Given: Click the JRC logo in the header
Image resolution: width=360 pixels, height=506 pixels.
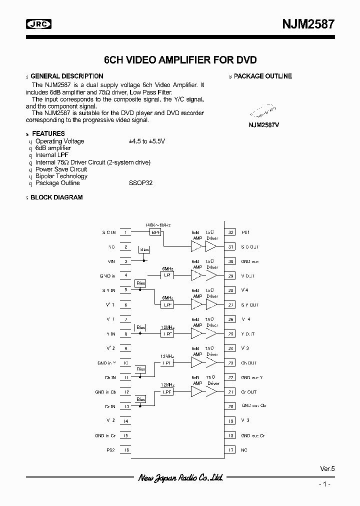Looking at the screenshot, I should tap(38, 23).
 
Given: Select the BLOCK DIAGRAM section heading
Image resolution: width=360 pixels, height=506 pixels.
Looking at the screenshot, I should tap(56, 197).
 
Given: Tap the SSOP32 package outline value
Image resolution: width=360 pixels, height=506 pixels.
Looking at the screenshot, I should tap(140, 183).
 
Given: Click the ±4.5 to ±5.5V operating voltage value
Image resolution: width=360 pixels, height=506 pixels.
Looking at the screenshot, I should tap(146, 141).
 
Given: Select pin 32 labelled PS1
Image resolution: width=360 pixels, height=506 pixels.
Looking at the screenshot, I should tap(230, 232).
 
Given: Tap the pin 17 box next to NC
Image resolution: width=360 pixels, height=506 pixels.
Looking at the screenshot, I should tap(230, 450).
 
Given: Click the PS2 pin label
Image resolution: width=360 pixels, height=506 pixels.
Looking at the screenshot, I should tap(110, 450).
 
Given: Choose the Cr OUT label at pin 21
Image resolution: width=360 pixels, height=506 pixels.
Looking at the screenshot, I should tap(248, 392).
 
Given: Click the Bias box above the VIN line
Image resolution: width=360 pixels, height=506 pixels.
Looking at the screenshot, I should tap(144, 248).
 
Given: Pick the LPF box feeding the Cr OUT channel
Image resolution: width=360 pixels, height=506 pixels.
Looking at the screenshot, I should tap(167, 392).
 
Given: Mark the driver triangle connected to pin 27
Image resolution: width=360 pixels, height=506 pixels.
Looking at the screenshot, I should tap(212, 304).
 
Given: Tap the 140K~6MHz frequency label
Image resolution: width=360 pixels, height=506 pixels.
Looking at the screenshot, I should tap(157, 225).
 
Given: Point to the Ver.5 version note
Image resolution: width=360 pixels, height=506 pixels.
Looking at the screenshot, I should tap(327, 468).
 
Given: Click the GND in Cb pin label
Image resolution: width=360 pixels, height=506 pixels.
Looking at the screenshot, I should tap(105, 392).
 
